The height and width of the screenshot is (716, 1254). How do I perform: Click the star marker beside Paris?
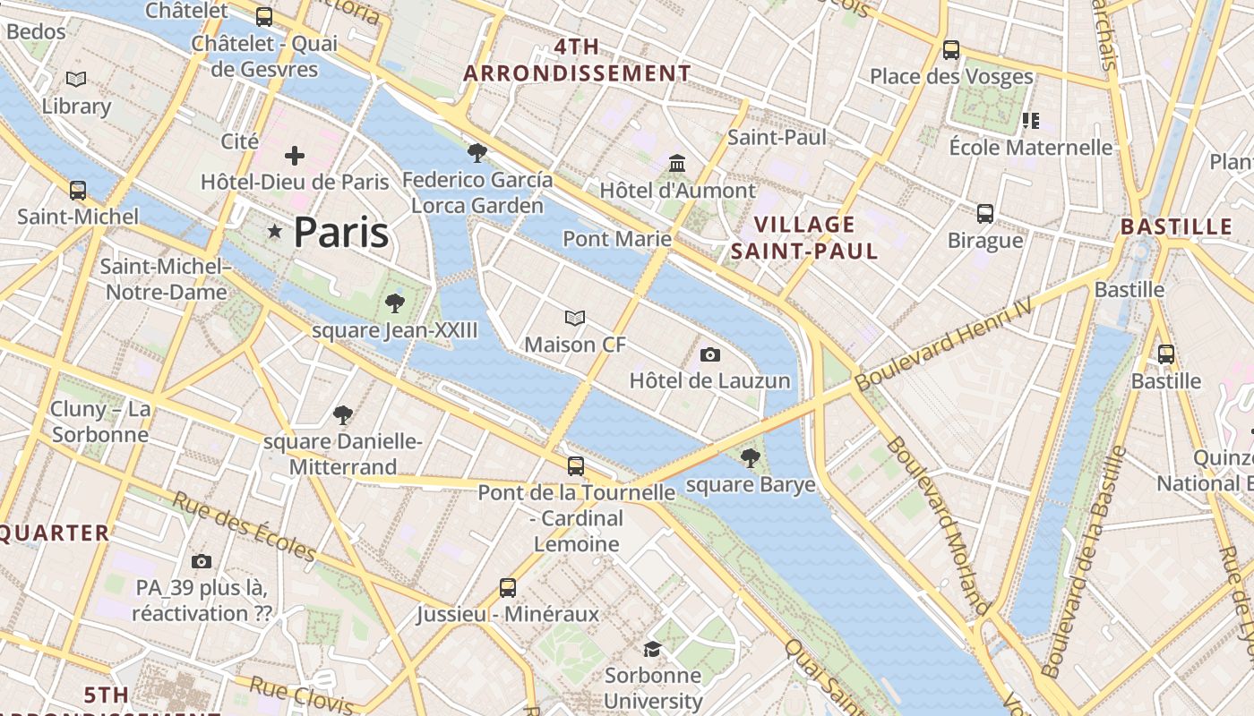(275, 232)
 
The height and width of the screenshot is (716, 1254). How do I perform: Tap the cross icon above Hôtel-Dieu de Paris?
(295, 156)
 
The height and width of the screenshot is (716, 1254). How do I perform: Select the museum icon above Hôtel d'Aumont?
(677, 164)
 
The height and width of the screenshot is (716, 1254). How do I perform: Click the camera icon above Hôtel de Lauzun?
(710, 355)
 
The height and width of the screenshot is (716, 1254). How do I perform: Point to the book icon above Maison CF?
(575, 318)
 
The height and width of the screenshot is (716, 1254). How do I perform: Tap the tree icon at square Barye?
(751, 459)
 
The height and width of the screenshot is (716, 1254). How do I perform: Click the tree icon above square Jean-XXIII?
(394, 304)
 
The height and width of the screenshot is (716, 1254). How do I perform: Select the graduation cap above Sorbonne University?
(653, 649)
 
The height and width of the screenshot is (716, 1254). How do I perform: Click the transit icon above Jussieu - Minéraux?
(508, 588)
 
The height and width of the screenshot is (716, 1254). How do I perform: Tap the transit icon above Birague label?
(985, 214)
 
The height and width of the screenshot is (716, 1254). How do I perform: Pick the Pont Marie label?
(617, 238)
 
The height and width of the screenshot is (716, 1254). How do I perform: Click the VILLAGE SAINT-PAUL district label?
(804, 237)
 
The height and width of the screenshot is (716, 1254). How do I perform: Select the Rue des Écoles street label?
(244, 525)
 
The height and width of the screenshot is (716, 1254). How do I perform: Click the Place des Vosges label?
(951, 77)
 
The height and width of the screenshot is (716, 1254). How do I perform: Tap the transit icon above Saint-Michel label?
(78, 191)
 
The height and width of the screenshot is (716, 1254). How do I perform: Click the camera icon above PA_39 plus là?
(202, 561)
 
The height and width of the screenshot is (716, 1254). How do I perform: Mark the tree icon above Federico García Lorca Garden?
(477, 153)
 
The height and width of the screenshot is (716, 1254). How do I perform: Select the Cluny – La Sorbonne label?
(100, 422)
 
